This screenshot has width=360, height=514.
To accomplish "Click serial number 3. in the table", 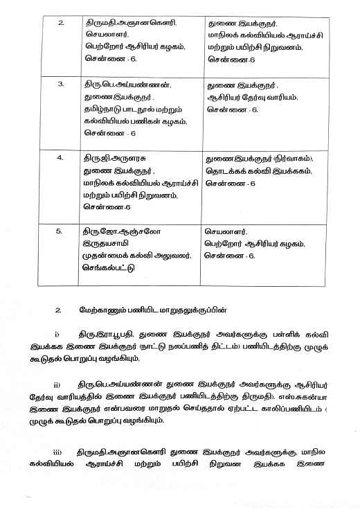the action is pos(61,84).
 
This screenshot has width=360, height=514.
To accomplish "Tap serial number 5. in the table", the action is pos(61,232).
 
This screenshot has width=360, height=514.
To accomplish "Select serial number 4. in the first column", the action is pos(61,157).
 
